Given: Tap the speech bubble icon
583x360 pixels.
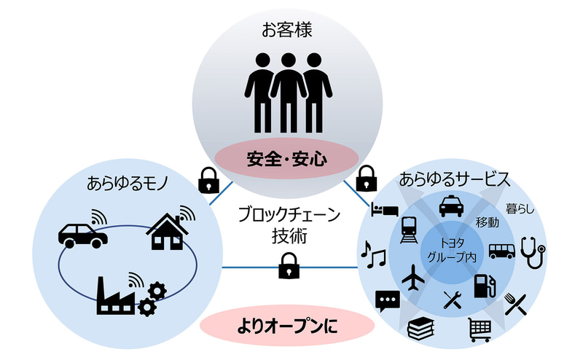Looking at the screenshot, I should [386, 300].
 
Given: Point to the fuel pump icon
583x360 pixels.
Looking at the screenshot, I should [482, 285].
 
